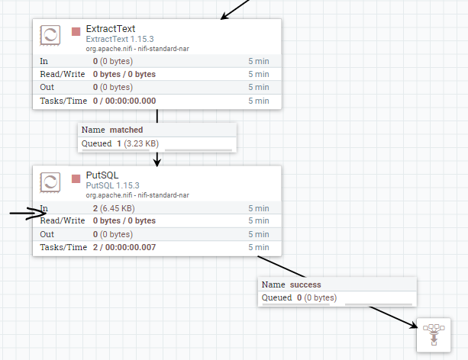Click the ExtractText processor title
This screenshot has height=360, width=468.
click(x=111, y=28)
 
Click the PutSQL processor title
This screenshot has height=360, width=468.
click(x=102, y=175)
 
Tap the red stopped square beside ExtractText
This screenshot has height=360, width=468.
click(x=76, y=31)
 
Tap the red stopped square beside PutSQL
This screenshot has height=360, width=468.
click(x=76, y=178)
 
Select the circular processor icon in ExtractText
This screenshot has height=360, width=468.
click(x=50, y=35)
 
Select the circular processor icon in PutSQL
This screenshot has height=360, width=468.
click(x=50, y=182)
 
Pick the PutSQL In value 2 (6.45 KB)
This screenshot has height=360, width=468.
click(x=114, y=208)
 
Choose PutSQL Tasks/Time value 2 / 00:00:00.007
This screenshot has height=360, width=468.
click(x=124, y=248)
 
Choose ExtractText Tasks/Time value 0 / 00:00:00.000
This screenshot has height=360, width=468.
click(x=124, y=101)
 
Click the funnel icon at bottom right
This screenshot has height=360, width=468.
click(x=433, y=333)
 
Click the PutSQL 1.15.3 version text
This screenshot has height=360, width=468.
click(x=113, y=185)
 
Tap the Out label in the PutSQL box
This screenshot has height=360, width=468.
click(x=47, y=234)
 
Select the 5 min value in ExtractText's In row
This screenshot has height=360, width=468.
click(x=258, y=60)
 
